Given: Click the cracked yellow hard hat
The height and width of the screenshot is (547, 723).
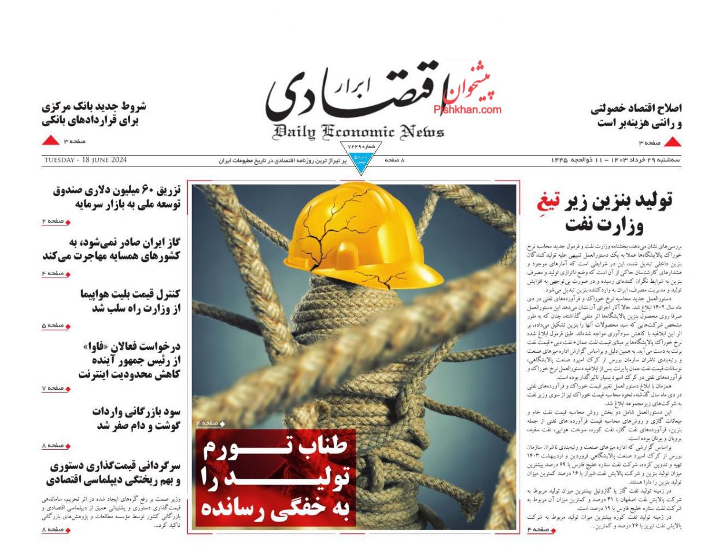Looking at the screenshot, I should click(x=363, y=231).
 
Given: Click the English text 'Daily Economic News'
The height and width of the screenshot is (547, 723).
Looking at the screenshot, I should click(x=359, y=132).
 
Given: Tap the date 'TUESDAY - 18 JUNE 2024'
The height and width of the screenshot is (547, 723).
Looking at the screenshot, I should click(x=85, y=160).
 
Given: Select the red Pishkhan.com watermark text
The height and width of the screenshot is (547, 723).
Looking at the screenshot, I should click(x=467, y=109).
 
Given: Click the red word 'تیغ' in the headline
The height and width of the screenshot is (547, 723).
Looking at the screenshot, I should click(x=547, y=201).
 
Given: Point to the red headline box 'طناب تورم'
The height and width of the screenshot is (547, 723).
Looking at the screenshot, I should click(x=275, y=478).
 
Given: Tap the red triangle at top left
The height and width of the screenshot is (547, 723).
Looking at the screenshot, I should click(x=51, y=141).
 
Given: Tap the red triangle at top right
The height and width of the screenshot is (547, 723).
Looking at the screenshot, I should click(x=672, y=142).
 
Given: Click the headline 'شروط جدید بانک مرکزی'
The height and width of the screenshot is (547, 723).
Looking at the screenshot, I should click(x=94, y=107).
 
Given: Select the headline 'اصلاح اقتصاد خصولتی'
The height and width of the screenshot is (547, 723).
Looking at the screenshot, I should click(x=636, y=109).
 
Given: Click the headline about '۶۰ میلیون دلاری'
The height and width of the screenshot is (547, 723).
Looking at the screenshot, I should click(x=116, y=190).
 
